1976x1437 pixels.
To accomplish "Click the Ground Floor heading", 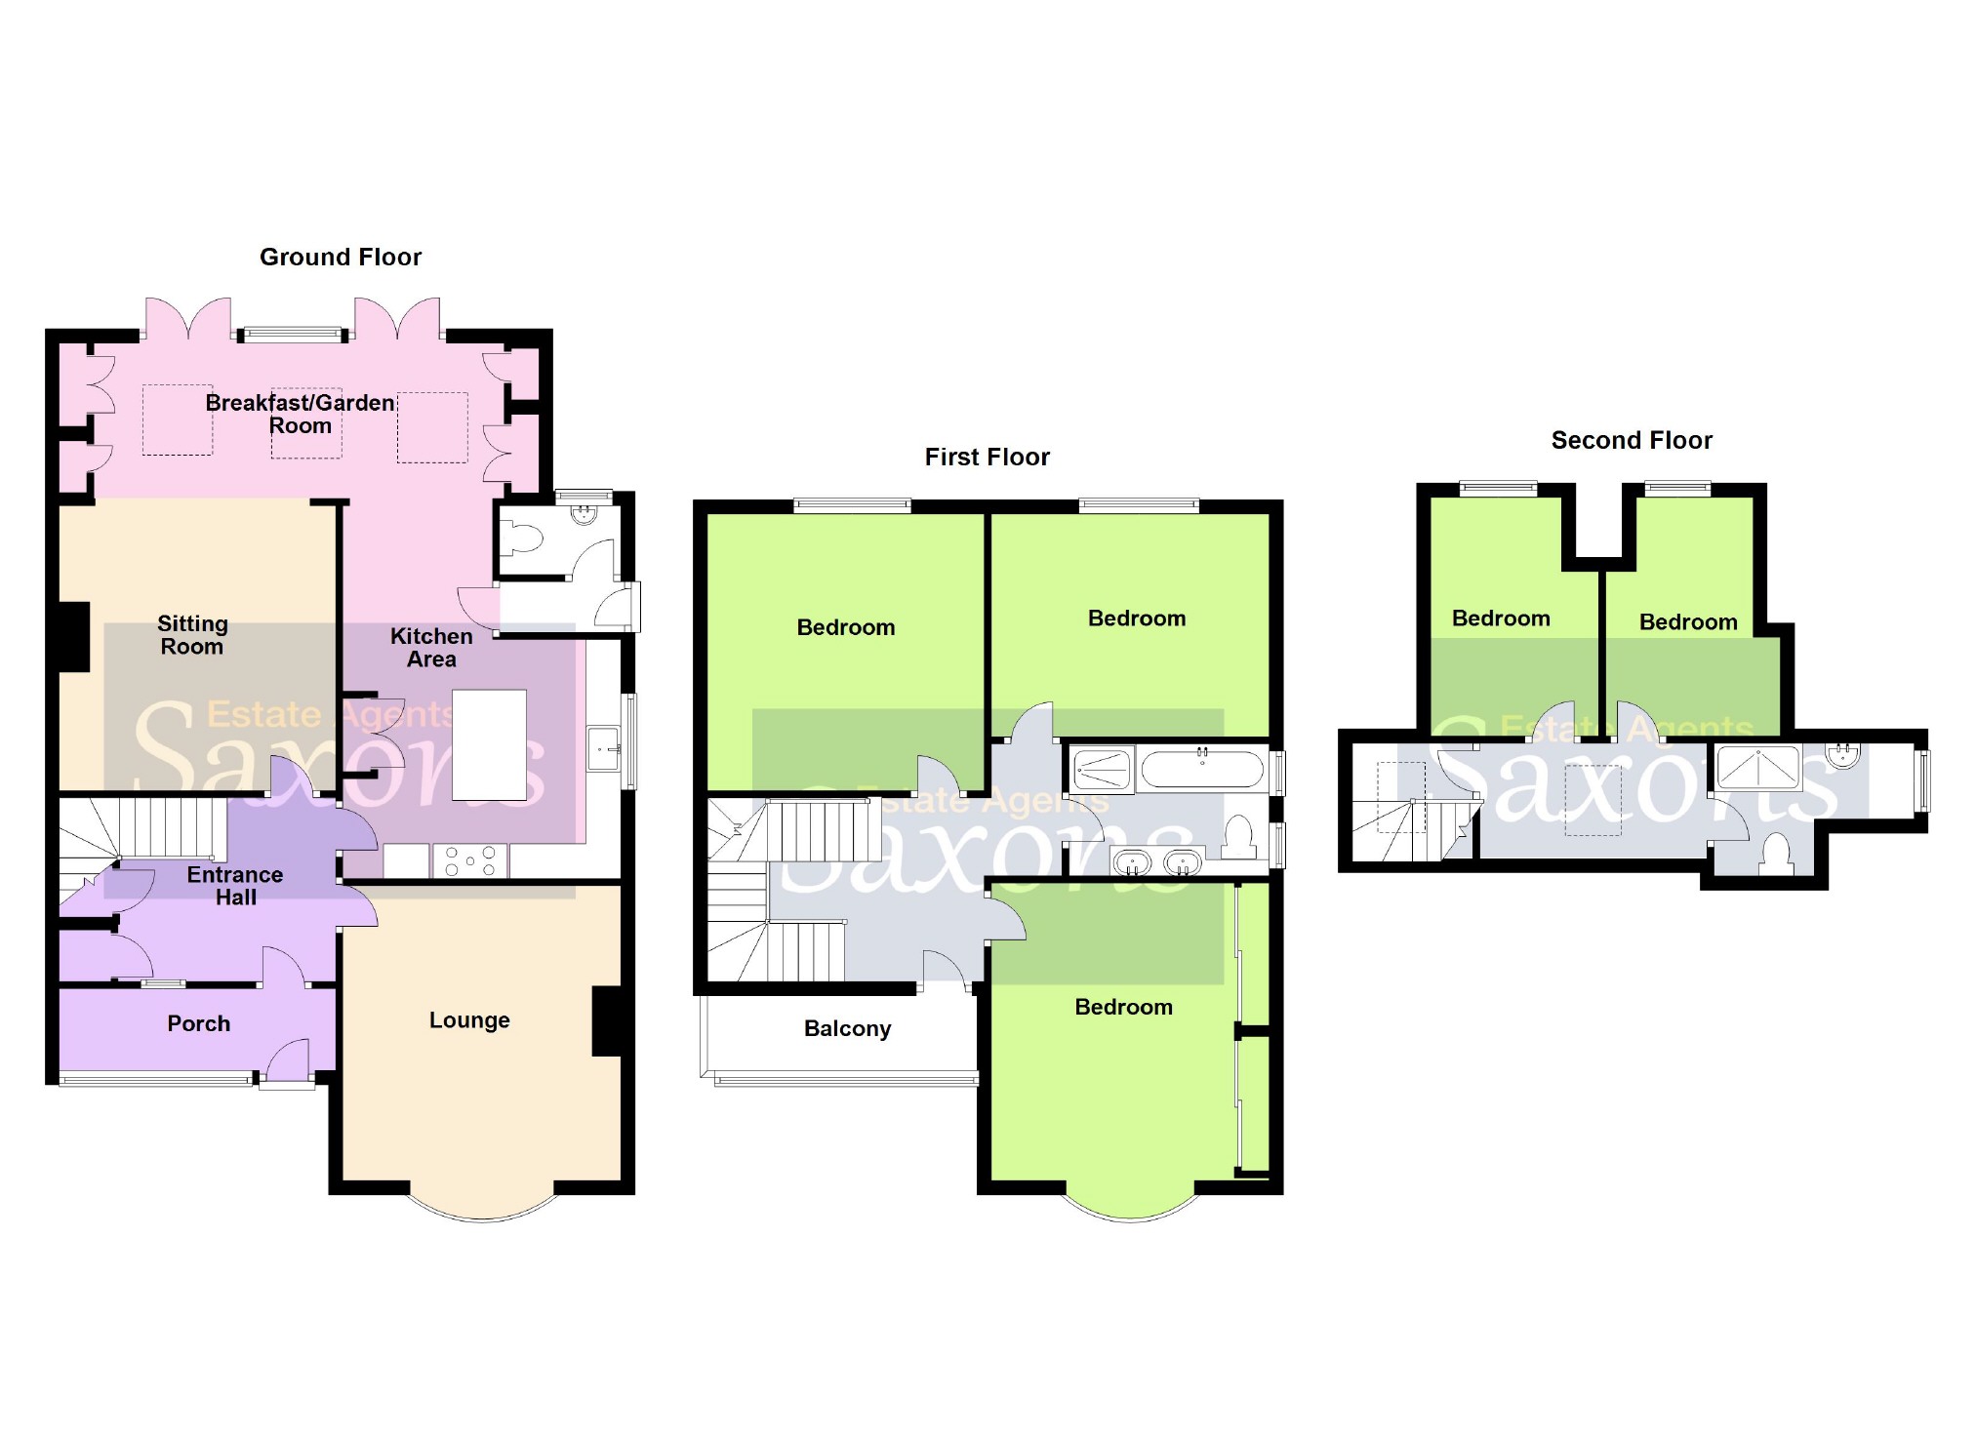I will click(341, 258).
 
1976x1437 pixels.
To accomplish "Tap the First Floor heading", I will click(987, 458).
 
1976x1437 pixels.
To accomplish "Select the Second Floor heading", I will click(1632, 441).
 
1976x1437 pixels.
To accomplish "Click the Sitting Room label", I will click(192, 635).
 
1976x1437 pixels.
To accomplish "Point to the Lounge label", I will click(469, 1020).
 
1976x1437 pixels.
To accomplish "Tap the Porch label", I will click(199, 1023).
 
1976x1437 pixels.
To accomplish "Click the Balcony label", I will click(847, 1028).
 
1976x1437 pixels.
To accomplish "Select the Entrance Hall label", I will click(235, 886).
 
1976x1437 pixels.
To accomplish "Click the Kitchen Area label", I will click(431, 648).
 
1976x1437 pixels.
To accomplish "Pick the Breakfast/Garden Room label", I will click(300, 415).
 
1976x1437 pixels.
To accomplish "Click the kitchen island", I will click(490, 744).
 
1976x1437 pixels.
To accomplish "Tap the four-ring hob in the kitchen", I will click(470, 860).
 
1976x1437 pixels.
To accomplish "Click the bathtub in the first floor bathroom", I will click(1202, 769).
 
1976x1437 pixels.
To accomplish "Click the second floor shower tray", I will click(1758, 767).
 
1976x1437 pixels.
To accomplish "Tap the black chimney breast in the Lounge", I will click(608, 1021).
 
